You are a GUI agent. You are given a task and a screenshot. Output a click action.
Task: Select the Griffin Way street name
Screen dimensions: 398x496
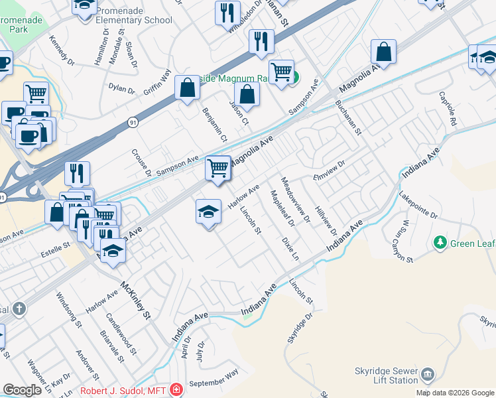pyautogui.click(x=157, y=81)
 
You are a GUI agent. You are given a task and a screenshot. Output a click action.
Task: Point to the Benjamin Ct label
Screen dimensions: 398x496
pyautogui.click(x=215, y=125)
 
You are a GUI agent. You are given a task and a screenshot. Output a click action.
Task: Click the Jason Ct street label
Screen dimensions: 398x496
pyautogui.click(x=239, y=112)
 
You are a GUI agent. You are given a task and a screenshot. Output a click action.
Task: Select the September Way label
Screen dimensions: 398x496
pyautogui.click(x=213, y=383)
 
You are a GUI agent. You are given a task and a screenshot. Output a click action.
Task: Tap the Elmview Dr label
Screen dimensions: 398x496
pyautogui.click(x=330, y=170)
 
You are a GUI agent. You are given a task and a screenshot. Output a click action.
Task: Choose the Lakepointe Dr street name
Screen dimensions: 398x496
pyautogui.click(x=418, y=206)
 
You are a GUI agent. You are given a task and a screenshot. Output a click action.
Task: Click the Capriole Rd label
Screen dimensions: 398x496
pyautogui.click(x=448, y=109)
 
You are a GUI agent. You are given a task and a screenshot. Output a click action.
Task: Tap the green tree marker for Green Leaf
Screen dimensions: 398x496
pyautogui.click(x=438, y=243)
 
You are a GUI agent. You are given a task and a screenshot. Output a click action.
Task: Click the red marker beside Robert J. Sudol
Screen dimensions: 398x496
pyautogui.click(x=176, y=389)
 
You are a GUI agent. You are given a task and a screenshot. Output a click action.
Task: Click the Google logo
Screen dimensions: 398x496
pyautogui.click(x=23, y=389)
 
